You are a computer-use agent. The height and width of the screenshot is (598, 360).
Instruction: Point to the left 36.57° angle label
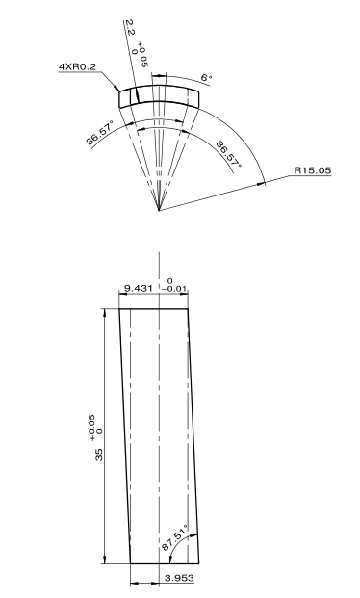point(99,133)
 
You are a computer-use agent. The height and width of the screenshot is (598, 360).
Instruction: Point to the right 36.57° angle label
point(229,154)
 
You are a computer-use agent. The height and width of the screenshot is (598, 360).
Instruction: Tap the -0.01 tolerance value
point(174,289)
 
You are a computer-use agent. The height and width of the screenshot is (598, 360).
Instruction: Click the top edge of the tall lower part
point(154,309)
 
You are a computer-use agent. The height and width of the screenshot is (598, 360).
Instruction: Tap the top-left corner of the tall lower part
point(119,309)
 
